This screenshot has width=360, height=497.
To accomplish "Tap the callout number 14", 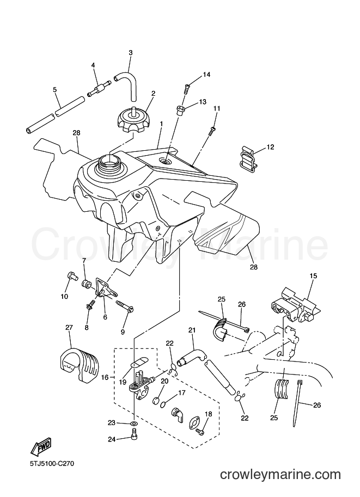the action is [x=206, y=75].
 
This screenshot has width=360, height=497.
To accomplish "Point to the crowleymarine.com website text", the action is [x=280, y=475].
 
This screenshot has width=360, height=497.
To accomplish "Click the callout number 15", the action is [x=313, y=276].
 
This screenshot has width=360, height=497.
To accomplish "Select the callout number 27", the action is [x=69, y=327].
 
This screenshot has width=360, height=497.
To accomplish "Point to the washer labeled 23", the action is [x=134, y=423].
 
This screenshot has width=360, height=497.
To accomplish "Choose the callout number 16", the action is [x=105, y=377].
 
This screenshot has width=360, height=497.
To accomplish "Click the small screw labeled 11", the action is [x=212, y=131].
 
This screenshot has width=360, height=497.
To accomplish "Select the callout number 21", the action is [x=192, y=330].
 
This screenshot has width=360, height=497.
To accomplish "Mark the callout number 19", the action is [x=123, y=383].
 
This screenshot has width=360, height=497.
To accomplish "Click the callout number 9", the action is [x=123, y=332].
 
